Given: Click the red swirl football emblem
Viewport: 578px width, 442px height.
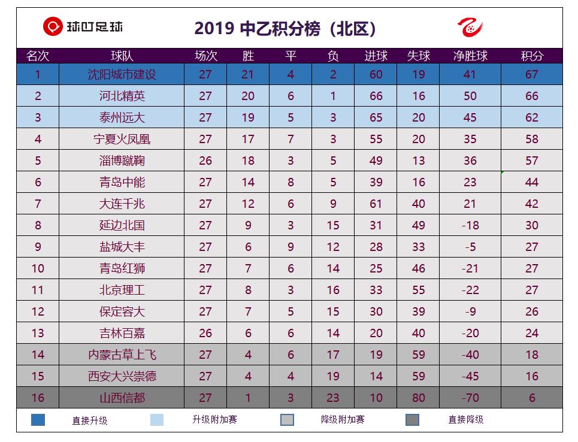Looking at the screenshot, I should [x=470, y=27].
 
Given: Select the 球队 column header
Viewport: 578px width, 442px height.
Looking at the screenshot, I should [x=122, y=56].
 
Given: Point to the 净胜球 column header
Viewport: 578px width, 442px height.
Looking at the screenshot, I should [x=470, y=56].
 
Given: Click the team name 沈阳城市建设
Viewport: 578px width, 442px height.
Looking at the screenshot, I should [x=122, y=75].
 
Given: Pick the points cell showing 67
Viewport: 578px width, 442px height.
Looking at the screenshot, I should [x=531, y=75].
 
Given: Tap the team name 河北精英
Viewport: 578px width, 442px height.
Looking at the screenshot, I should [x=122, y=96].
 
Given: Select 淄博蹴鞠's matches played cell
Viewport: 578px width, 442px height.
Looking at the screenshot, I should [x=205, y=161].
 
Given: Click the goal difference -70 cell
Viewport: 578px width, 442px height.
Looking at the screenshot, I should [x=470, y=398].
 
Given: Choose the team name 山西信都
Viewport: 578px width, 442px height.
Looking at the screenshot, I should [x=122, y=398].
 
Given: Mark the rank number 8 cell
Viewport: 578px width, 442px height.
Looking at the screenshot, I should [x=38, y=226].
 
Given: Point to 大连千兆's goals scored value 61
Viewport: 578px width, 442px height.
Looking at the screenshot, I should [x=376, y=204].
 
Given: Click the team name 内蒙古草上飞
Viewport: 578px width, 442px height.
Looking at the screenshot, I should [x=122, y=355].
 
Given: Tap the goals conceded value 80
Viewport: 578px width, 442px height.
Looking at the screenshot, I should [x=418, y=398].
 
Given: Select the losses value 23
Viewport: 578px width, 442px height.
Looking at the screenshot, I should [x=333, y=398].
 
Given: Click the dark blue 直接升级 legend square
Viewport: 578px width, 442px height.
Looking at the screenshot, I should [x=38, y=420].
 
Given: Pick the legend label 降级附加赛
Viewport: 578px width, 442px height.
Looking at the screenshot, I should [x=343, y=420].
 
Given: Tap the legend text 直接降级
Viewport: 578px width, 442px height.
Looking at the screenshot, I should [x=465, y=420].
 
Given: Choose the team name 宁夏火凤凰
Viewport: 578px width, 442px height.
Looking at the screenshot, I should [x=122, y=140].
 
